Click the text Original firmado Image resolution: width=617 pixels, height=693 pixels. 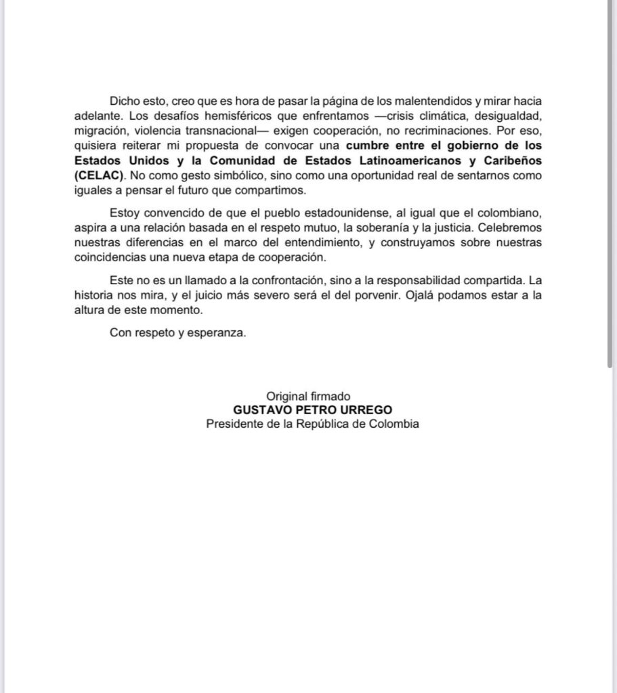click(308, 396)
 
